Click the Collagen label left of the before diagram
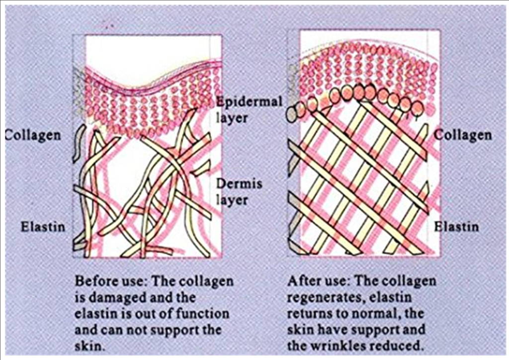(x=33, y=135)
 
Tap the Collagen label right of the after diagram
(x=463, y=135)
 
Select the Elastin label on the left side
(x=43, y=226)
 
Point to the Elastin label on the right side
(x=456, y=226)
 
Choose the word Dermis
(x=239, y=184)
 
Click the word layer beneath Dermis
(x=232, y=200)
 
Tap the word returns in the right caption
(x=308, y=314)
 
